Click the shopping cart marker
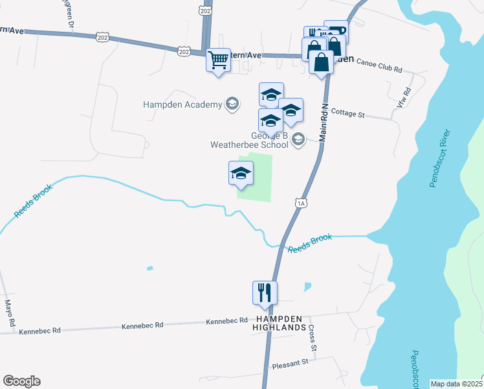[219, 60]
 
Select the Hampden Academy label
[182, 104]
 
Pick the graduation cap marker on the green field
[241, 173]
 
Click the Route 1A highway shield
[300, 204]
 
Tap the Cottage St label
[348, 114]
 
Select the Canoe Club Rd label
[379, 69]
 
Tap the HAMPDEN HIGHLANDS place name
[280, 324]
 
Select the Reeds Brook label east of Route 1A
[310, 244]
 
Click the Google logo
[21, 381]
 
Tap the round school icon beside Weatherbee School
[298, 139]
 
